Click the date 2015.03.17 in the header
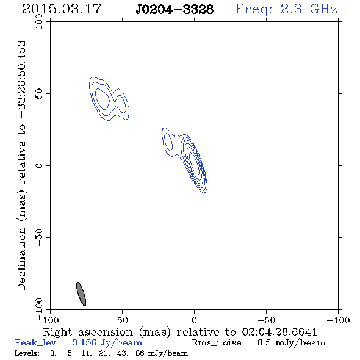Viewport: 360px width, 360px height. coord(62,9)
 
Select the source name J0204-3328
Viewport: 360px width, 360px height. coord(175,9)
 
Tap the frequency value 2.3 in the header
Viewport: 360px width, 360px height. coord(291,9)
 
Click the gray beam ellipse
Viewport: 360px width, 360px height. coord(81,294)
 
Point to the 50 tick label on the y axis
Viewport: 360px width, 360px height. coord(39,93)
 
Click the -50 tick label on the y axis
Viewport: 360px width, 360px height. coord(39,237)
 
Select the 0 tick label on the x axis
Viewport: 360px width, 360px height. coord(194,320)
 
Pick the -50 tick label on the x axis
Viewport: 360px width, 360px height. coord(266,320)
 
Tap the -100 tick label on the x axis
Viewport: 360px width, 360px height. coord(338,320)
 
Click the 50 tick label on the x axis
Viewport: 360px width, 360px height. coord(122,320)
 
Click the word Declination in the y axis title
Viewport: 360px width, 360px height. coord(21,259)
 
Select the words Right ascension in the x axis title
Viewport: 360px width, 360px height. coord(88,332)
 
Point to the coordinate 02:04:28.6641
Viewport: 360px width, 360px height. coord(279,332)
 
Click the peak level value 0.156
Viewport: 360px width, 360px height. coord(84,342)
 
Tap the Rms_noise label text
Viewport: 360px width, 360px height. coord(220,343)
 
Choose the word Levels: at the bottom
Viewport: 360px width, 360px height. coord(27,353)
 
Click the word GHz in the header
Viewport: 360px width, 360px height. coord(323,9)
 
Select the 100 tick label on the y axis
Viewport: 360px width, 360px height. coord(39,21)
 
